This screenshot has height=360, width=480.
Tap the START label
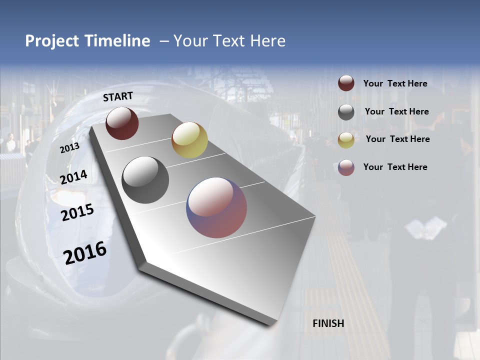118,96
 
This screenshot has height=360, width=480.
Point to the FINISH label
328,323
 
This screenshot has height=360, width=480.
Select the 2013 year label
70,148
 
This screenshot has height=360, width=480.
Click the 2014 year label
74,177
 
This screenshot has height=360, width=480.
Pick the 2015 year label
77,212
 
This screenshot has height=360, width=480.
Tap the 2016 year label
85,253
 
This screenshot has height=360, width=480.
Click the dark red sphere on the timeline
122,123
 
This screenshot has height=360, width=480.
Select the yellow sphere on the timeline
189,140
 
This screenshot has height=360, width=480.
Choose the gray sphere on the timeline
145,180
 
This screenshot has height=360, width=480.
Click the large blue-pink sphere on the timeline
216,207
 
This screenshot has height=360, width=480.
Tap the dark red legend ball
346,83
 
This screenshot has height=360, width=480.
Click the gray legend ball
346,112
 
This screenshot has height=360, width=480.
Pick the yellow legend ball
346,139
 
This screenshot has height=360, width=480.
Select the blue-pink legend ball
346,167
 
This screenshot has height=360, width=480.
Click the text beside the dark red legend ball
395,84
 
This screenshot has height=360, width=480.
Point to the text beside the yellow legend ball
397,139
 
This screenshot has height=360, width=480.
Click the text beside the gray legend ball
396,111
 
